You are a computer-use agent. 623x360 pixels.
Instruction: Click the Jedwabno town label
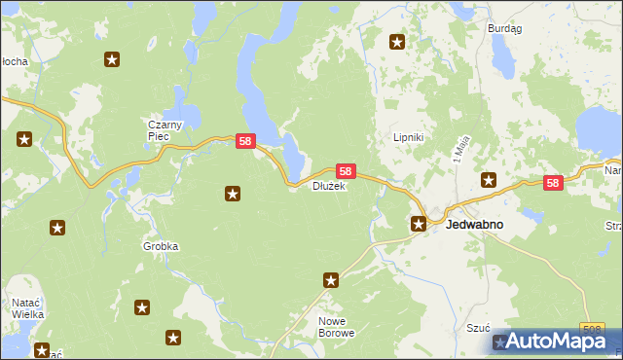coord(474,224)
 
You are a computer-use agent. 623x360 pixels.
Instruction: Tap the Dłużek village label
coord(328,186)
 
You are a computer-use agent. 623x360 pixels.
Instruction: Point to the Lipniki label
coord(407,138)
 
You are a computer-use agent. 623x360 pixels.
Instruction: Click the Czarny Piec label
coord(159,130)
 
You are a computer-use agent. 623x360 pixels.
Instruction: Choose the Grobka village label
coord(161,246)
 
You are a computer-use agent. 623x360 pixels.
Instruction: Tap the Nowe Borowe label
coord(337,326)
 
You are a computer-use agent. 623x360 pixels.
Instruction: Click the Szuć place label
coord(478,330)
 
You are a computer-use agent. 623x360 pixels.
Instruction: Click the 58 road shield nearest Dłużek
coord(346,170)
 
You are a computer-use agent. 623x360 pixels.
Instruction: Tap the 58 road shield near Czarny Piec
coord(245,141)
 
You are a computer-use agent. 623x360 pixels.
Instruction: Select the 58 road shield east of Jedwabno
coord(553,182)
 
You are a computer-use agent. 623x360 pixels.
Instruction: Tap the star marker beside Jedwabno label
coord(419,224)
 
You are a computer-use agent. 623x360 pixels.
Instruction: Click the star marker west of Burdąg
coord(397,42)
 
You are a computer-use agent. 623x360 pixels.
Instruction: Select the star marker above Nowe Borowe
coord(331,280)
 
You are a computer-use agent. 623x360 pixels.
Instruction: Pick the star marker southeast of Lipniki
coord(489,179)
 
